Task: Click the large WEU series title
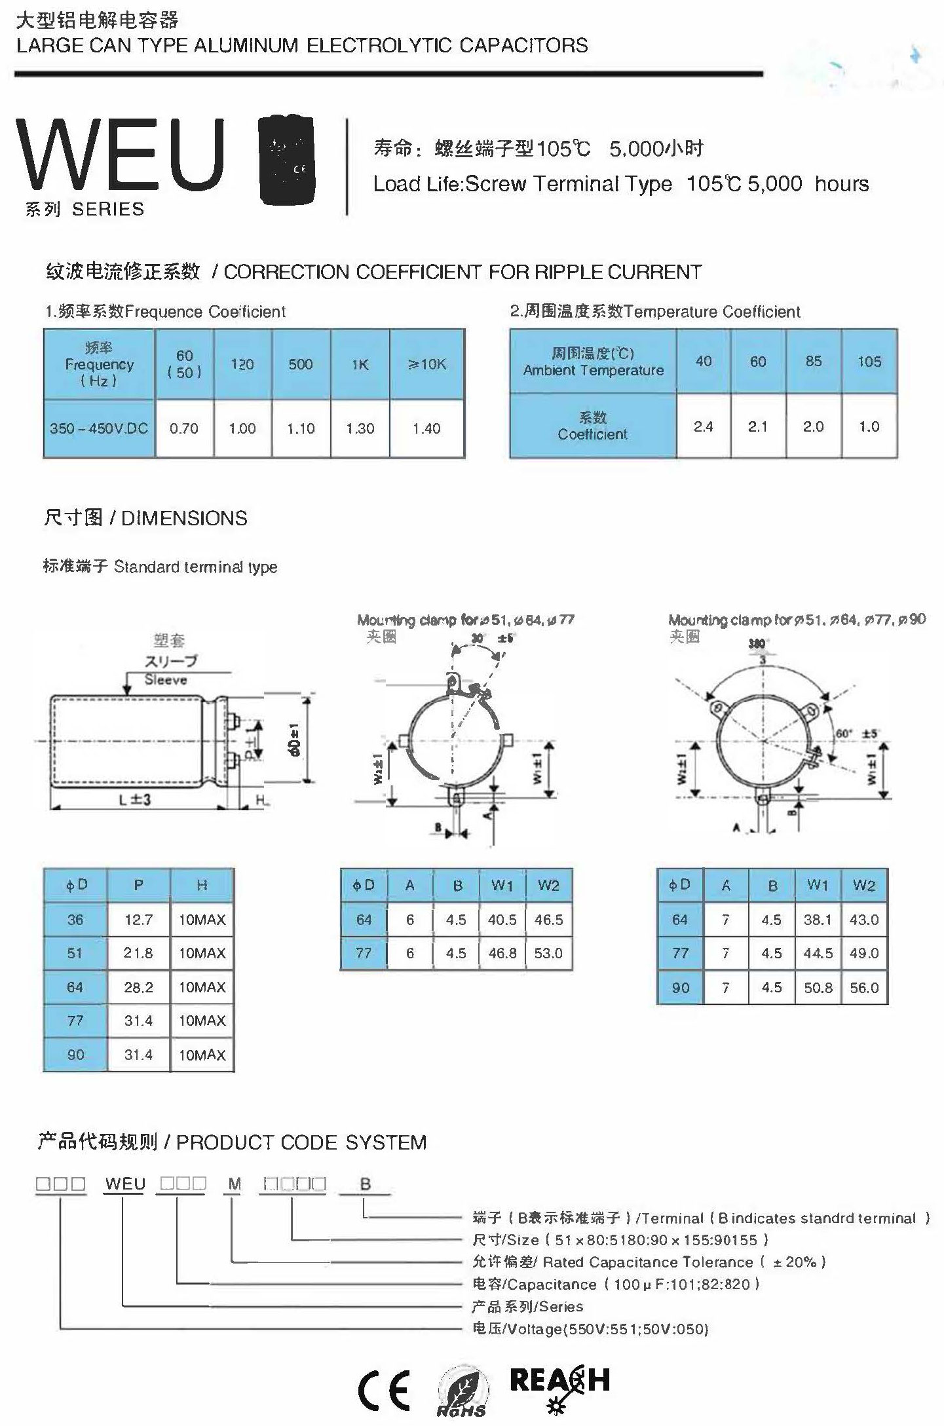pos(121,156)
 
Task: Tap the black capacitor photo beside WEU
pos(286,160)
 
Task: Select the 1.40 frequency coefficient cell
pos(426,428)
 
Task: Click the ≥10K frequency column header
pos(426,364)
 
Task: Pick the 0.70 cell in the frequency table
pos(184,428)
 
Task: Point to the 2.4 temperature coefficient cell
pos(703,426)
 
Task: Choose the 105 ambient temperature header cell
pos(869,362)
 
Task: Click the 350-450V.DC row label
pos(99,428)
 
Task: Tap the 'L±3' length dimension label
pos(135,800)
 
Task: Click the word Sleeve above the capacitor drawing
pos(166,680)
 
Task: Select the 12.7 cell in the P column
pos(138,920)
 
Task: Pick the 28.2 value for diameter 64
pos(138,987)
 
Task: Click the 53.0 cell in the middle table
pos(548,953)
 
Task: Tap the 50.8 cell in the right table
pos(818,988)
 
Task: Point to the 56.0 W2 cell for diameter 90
pos(864,988)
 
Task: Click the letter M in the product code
pos(235,1184)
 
